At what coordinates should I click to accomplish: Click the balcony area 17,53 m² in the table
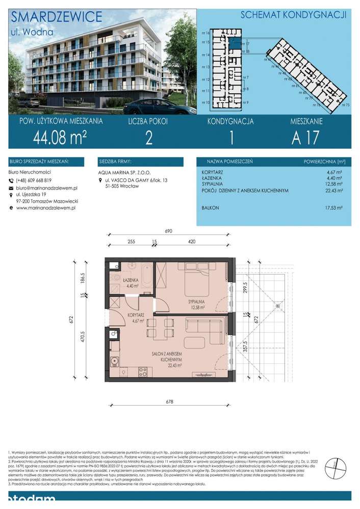click(333, 208)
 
